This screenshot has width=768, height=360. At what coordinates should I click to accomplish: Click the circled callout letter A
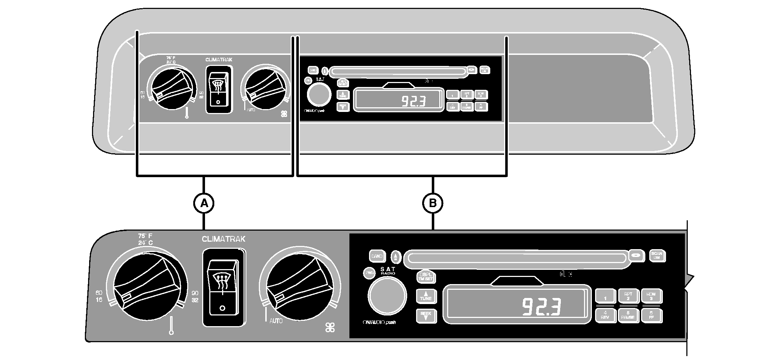[204, 203]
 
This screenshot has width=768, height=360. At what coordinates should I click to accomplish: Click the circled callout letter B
[432, 203]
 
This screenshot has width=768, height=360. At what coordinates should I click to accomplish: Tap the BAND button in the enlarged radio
[377, 256]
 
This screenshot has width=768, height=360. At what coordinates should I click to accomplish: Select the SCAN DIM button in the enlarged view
[657, 256]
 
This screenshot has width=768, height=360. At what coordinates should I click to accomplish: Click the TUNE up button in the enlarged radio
[426, 296]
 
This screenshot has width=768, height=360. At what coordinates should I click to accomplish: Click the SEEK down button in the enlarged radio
[426, 315]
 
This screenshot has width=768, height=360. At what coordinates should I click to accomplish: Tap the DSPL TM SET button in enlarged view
[425, 277]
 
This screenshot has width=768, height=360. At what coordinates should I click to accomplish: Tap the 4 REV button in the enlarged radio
[605, 315]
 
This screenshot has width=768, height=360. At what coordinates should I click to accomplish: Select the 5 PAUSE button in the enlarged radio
[628, 315]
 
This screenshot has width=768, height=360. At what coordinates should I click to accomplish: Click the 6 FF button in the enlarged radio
[651, 315]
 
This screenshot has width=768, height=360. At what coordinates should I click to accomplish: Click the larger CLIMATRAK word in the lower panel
[224, 239]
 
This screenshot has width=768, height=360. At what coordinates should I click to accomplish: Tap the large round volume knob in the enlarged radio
[387, 295]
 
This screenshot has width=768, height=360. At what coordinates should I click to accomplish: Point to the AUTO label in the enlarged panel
[276, 321]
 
